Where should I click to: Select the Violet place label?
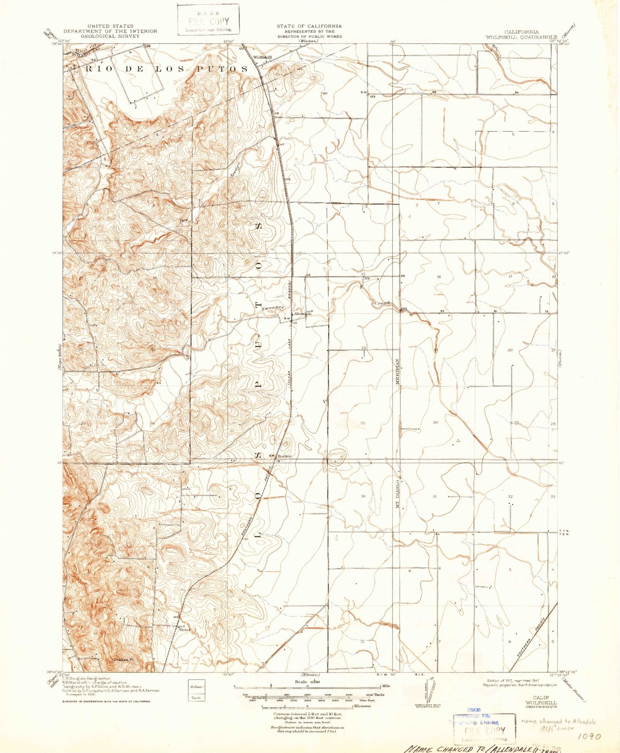pyautogui.click(x=184, y=630)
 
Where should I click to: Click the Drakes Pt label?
pyautogui.click(x=121, y=660)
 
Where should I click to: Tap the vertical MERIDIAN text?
pyautogui.click(x=398, y=371)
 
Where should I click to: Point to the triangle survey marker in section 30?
pyautogui.click(x=458, y=440)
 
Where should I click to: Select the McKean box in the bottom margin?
pyautogui.click(x=197, y=687)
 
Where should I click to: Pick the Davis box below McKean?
pyautogui.click(x=197, y=697)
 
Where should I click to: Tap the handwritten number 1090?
pyautogui.click(x=589, y=736)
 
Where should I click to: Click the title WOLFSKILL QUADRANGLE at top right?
pyautogui.click(x=521, y=37)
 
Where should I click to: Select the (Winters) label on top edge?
pyautogui.click(x=309, y=41)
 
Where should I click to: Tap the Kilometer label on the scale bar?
pyautogui.click(x=362, y=706)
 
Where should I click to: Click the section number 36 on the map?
pyautogui.click(x=363, y=496)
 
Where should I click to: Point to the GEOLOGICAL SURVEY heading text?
pyautogui.click(x=110, y=36)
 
